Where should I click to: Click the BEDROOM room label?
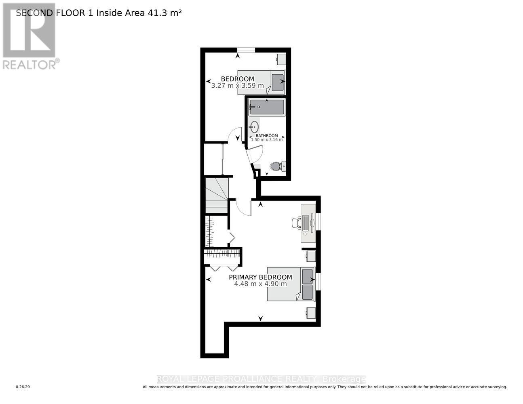coord(237,79)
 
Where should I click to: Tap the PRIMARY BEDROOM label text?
coord(260,277)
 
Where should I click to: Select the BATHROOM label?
coord(267,136)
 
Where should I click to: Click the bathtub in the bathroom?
coord(267,107)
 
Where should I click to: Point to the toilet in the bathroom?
coord(277,166)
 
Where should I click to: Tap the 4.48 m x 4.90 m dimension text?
coord(260,284)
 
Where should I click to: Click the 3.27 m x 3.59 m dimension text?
coord(237,86)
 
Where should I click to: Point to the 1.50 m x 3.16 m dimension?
coord(267,140)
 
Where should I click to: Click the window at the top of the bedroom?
coord(246,50)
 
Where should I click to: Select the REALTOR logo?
coord(30,36)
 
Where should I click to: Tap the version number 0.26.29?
coord(23,387)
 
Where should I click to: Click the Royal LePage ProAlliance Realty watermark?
coord(261,379)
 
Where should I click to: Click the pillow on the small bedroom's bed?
coord(278,82)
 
